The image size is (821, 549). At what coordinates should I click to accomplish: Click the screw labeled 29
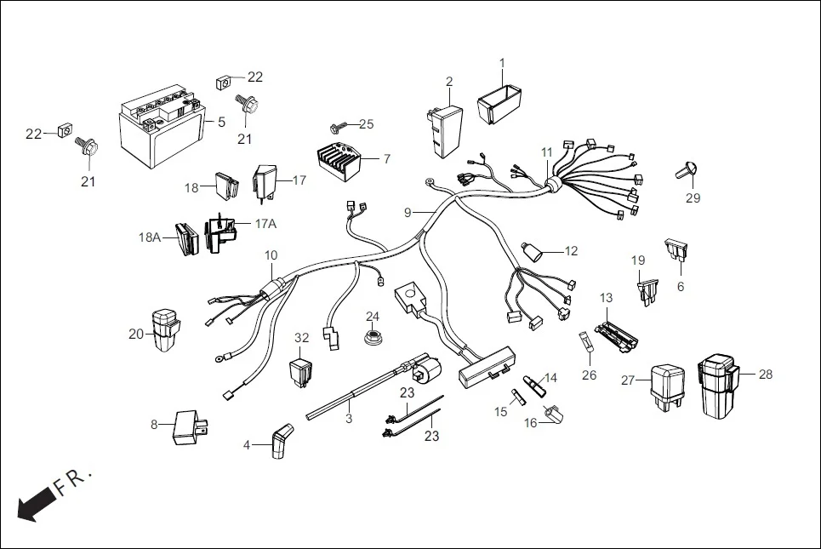tap(686, 170)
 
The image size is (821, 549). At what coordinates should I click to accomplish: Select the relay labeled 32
tap(301, 372)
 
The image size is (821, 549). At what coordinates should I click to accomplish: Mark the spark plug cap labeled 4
tap(278, 443)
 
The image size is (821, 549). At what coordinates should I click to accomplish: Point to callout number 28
tap(765, 375)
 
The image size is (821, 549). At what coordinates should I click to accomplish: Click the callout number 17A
tap(265, 223)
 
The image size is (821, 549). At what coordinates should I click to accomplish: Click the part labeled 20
tap(164, 329)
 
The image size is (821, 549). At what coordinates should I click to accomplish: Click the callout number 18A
tap(150, 238)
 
